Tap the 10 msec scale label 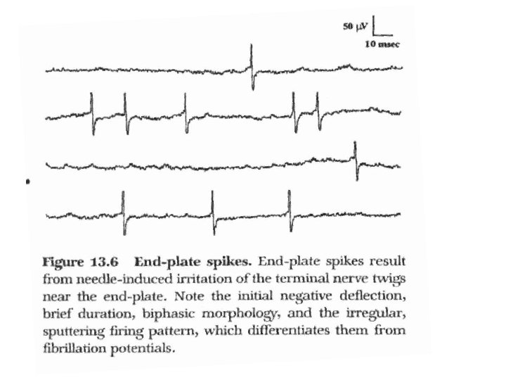coord(380,45)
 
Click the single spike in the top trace coord(252,68)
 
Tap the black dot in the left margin coord(27,182)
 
